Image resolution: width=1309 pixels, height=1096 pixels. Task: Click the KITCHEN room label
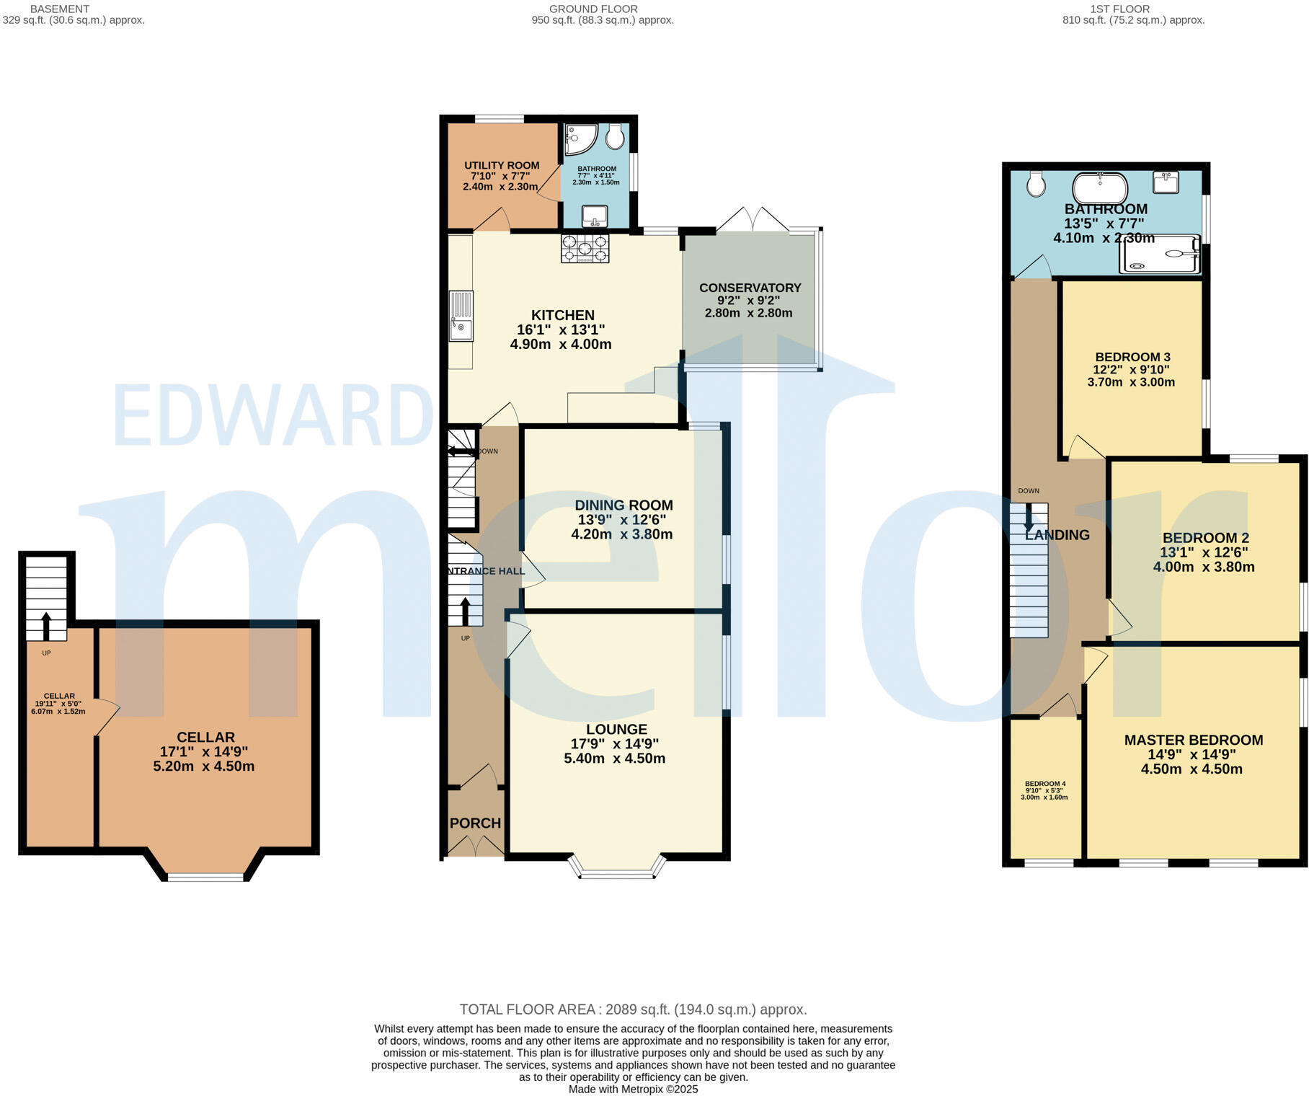(x=562, y=315)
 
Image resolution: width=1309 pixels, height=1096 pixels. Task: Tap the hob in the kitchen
(x=585, y=248)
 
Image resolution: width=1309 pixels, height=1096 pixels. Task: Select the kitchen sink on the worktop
(x=461, y=316)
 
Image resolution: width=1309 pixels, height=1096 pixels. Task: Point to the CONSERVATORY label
(x=750, y=288)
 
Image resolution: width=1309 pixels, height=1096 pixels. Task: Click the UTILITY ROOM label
(x=502, y=165)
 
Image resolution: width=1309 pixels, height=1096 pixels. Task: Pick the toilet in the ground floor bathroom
(x=615, y=136)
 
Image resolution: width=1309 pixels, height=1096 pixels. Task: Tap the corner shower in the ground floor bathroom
(x=579, y=139)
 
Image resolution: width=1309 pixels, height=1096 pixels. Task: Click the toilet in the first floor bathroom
(x=1037, y=184)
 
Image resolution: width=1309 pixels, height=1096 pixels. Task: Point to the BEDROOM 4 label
(x=1044, y=784)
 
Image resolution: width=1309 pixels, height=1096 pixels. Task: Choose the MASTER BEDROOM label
(x=1193, y=740)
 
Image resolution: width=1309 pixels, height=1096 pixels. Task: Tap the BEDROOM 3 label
(x=1132, y=357)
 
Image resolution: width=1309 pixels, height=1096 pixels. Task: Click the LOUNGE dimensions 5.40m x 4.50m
(x=614, y=759)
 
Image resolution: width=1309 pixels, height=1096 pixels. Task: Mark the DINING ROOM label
(x=624, y=505)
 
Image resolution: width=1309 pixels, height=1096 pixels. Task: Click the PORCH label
(x=475, y=823)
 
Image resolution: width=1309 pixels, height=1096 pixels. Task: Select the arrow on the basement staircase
(x=46, y=625)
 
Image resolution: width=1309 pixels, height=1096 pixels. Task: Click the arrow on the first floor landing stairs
(x=1029, y=516)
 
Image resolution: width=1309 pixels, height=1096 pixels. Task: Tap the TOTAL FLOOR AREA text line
(x=633, y=1009)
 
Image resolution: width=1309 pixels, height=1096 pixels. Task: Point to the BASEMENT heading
(x=60, y=9)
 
